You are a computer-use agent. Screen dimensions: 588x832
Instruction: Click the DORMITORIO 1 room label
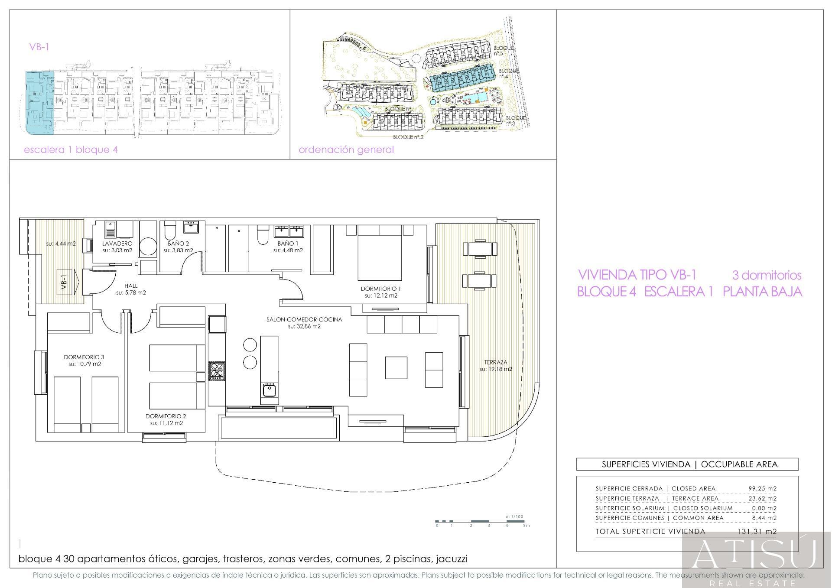click(x=381, y=289)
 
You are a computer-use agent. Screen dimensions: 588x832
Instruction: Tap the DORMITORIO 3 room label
click(x=84, y=357)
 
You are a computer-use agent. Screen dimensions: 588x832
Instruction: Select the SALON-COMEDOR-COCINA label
click(x=304, y=320)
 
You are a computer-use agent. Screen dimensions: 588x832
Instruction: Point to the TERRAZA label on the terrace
click(x=496, y=362)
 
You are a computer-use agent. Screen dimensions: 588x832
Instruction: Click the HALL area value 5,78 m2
click(x=131, y=293)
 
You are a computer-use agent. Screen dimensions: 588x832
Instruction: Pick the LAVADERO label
click(x=117, y=244)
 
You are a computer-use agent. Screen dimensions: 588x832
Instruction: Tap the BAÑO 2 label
click(x=178, y=244)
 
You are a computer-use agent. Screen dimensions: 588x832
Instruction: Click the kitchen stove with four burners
click(x=217, y=371)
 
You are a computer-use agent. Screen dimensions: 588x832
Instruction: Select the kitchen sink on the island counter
click(x=269, y=390)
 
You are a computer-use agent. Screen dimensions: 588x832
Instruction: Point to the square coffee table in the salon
click(x=396, y=367)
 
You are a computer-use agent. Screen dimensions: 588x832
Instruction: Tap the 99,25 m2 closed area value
click(x=763, y=488)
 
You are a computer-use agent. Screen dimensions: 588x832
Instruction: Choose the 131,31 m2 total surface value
click(x=757, y=531)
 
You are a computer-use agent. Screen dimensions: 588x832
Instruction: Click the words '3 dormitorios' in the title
click(x=767, y=275)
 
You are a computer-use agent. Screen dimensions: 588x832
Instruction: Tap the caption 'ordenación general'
click(x=346, y=150)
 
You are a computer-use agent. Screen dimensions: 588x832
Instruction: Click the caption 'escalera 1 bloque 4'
click(x=71, y=150)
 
